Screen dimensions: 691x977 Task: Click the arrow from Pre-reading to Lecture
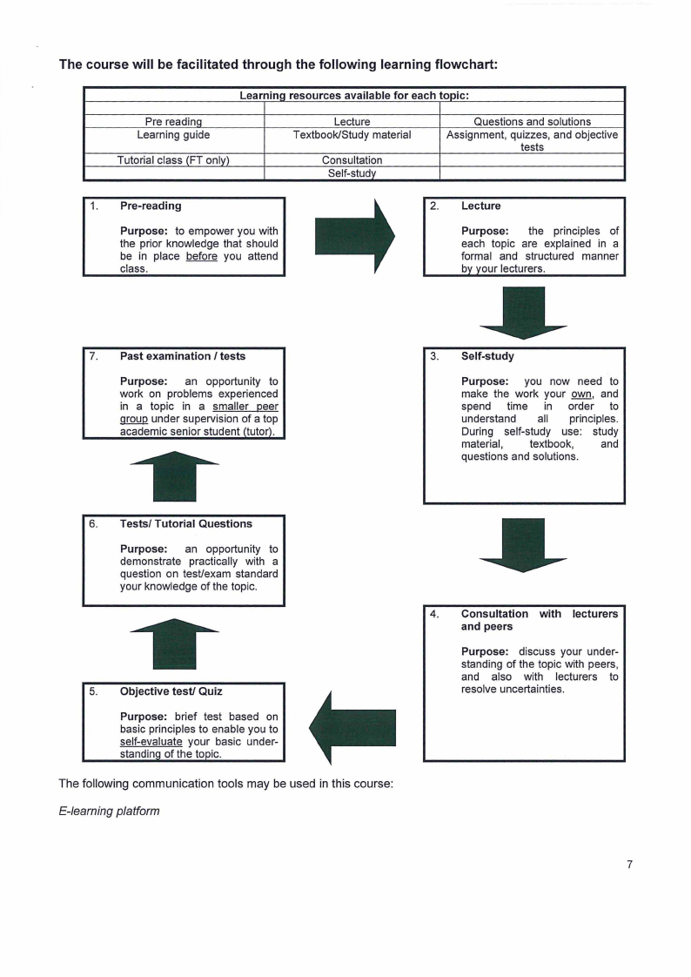355,236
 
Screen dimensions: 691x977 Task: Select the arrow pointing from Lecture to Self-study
523,313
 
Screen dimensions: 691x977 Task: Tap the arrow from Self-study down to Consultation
523,544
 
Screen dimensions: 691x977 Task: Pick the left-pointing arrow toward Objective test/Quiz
352,728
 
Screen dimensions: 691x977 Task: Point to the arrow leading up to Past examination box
174,476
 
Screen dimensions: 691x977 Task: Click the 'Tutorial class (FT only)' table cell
174,160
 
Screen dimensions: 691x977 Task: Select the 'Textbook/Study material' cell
352,135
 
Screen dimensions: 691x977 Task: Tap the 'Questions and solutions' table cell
533,122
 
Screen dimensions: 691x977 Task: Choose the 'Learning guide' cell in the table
174,135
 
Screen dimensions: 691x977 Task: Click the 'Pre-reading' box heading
151,206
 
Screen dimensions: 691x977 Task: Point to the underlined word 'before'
202,256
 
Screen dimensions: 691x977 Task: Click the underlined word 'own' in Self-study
581,394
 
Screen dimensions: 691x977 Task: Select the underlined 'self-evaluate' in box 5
151,742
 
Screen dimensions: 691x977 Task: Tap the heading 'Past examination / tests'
183,356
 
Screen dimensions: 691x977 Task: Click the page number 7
630,864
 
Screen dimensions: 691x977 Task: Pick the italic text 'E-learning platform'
109,812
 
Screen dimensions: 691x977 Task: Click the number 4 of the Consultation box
434,614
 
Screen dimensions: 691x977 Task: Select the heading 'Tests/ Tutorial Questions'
186,523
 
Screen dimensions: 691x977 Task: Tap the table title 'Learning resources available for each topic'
354,95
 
